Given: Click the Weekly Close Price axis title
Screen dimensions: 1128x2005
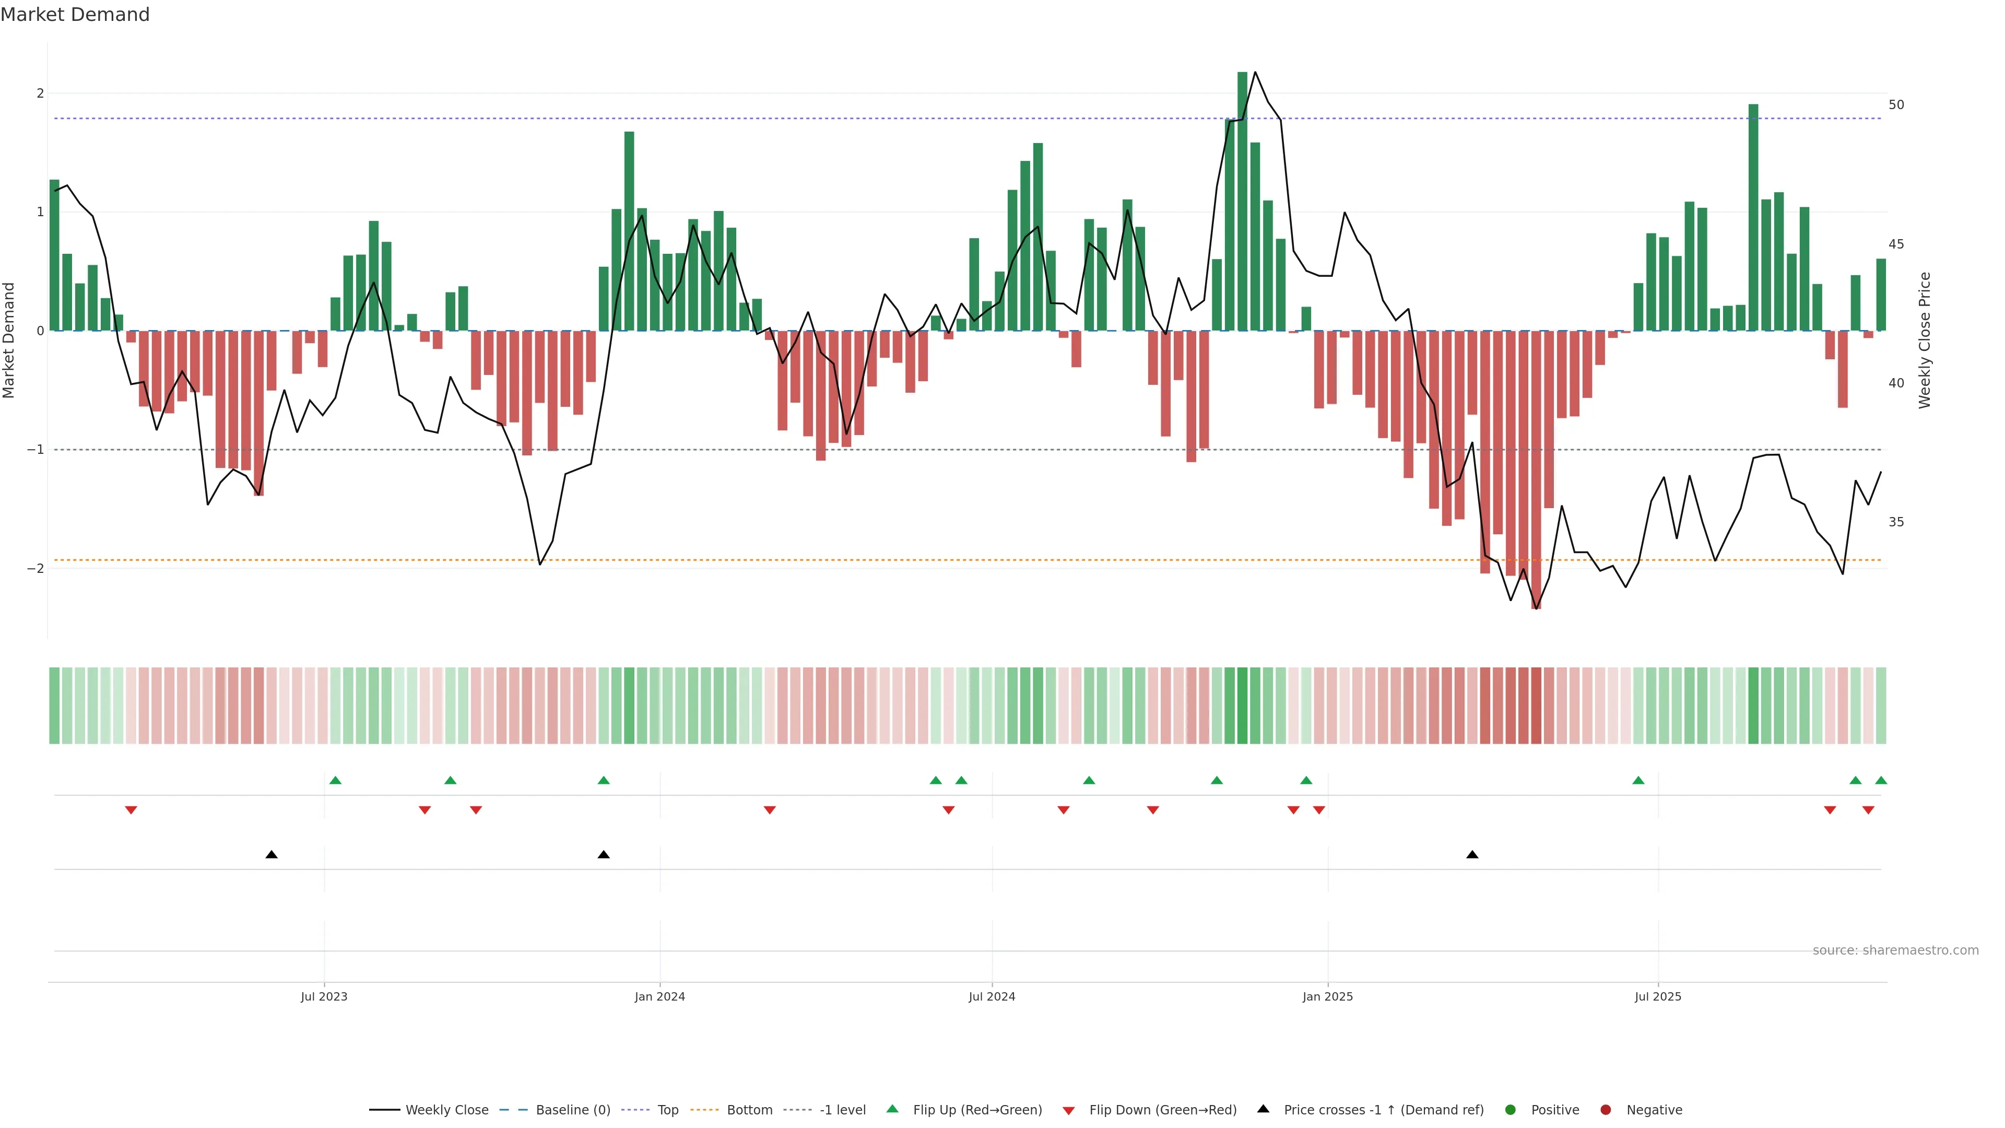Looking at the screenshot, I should pos(1924,340).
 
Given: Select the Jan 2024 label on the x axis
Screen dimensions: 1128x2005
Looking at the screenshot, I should pos(659,996).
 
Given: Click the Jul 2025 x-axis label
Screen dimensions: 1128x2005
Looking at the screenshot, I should pos(1658,996).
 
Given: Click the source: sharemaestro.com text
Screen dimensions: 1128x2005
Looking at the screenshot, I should pos(1895,950).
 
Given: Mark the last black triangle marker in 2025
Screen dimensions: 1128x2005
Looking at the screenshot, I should pos(1472,855).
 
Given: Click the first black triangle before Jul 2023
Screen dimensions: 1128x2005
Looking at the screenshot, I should pos(271,855).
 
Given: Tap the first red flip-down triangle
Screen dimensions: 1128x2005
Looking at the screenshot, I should pos(131,810).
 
